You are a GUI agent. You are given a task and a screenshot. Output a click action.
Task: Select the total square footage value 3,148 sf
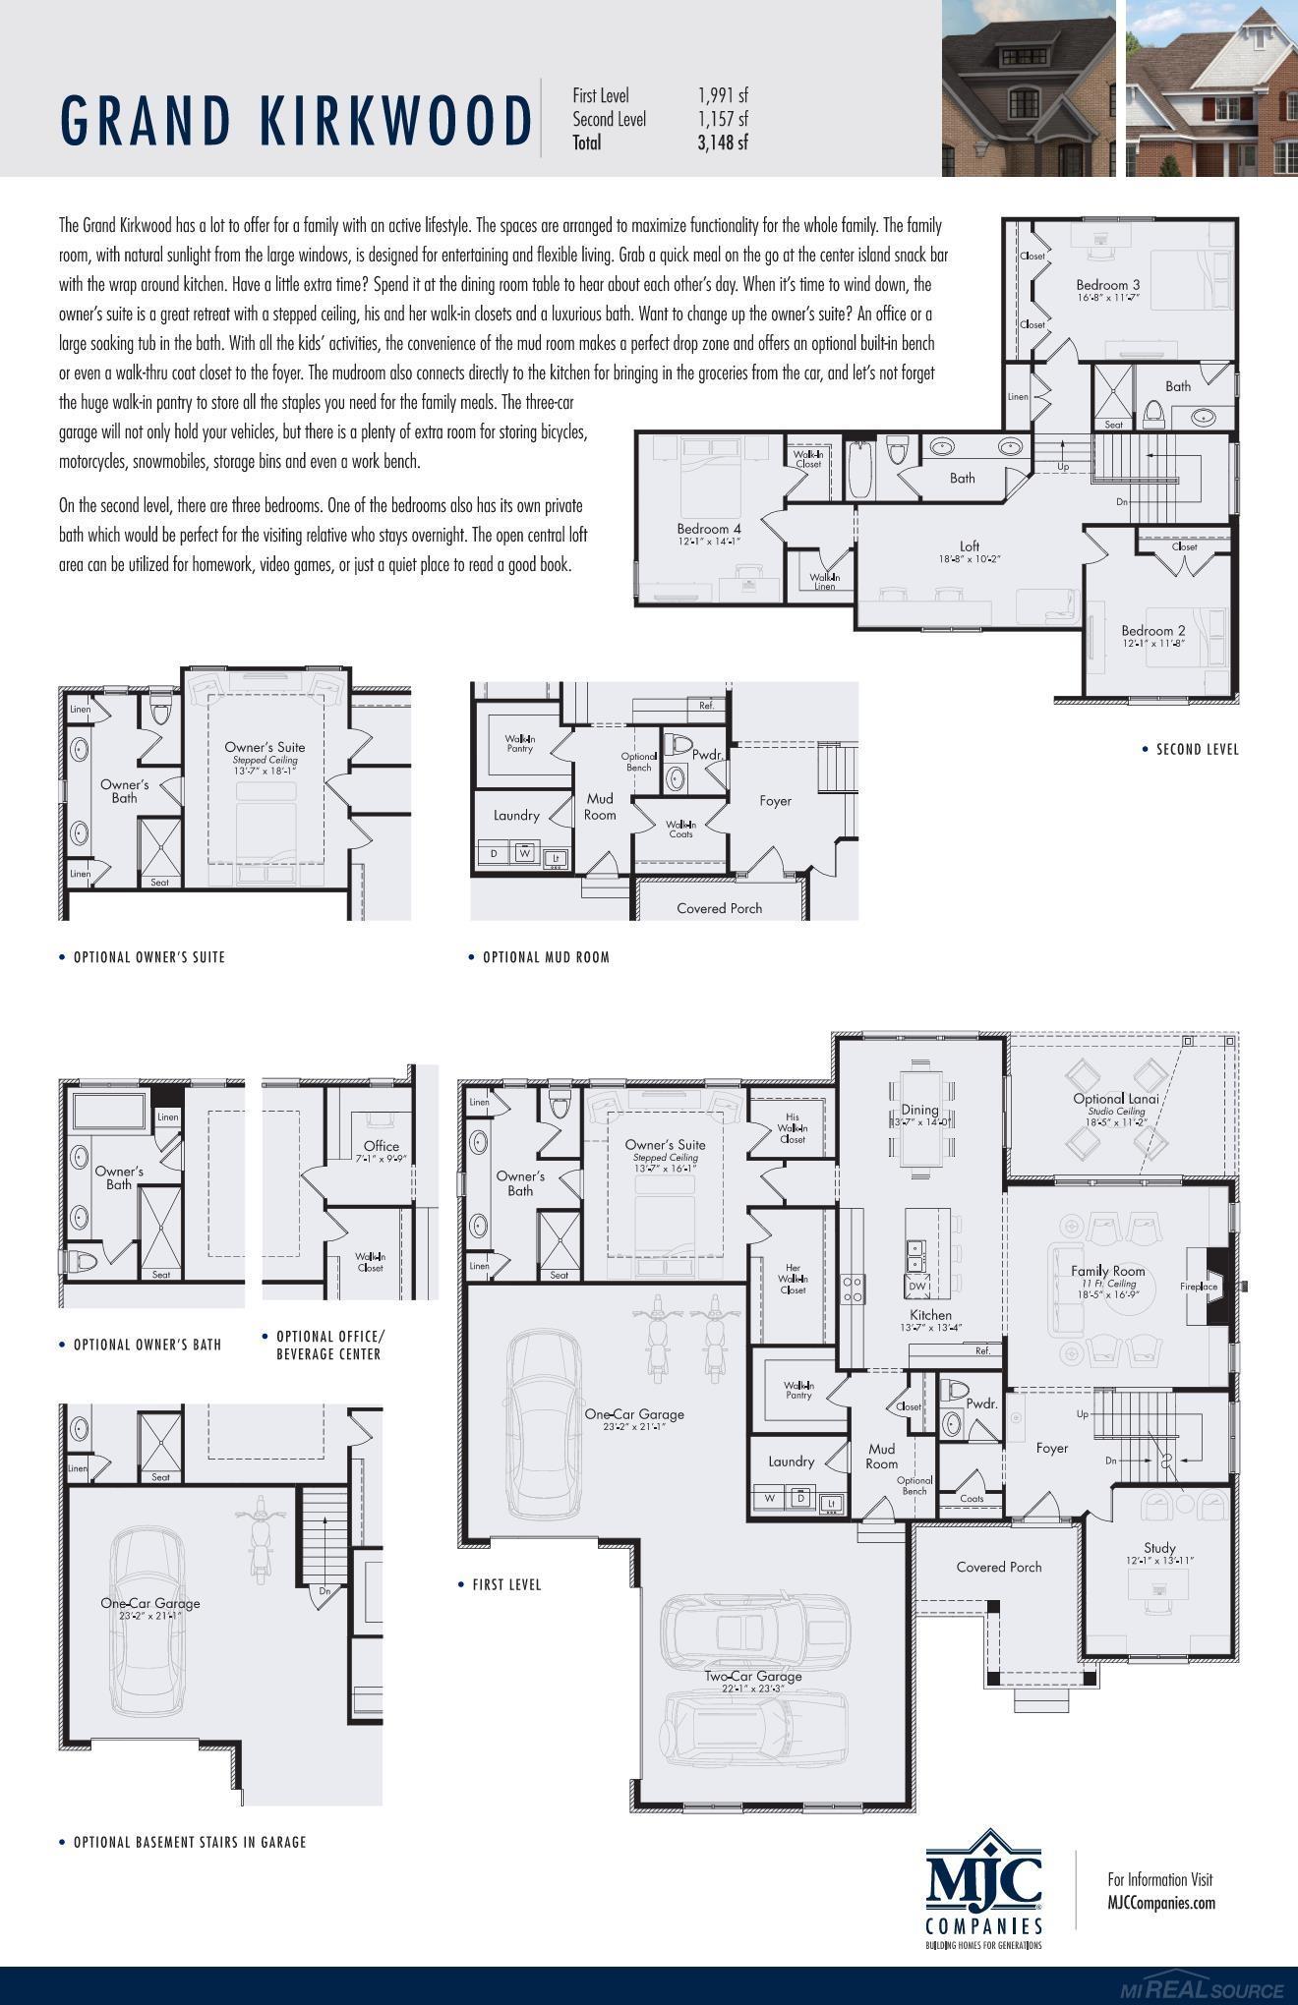(x=723, y=143)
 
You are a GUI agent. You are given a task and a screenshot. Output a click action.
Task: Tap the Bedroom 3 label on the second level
(x=1107, y=286)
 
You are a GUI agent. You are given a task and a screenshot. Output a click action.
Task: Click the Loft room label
(x=970, y=546)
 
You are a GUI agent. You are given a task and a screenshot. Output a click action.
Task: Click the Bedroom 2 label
(x=1152, y=631)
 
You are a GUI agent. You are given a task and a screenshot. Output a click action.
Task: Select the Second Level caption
(x=1197, y=750)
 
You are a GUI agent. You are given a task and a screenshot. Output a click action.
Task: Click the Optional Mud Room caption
(x=546, y=957)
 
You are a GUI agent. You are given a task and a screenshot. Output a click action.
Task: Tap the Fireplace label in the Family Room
(x=1199, y=1287)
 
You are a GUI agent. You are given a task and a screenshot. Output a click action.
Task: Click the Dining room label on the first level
(x=920, y=1111)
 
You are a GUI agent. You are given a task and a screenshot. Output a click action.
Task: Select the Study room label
(x=1159, y=1548)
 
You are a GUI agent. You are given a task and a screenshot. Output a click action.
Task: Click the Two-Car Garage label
(x=752, y=1677)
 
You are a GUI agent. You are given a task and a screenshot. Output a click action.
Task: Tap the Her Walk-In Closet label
(x=793, y=1279)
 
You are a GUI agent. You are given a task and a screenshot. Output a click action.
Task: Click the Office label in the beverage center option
(x=382, y=1146)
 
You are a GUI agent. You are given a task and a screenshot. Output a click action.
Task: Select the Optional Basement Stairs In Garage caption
(x=190, y=1843)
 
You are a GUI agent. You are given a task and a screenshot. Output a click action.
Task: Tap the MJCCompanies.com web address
(x=1160, y=1903)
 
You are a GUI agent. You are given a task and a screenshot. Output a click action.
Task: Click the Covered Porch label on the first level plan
(x=998, y=1567)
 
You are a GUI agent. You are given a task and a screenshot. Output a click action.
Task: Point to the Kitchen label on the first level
(x=930, y=1315)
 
